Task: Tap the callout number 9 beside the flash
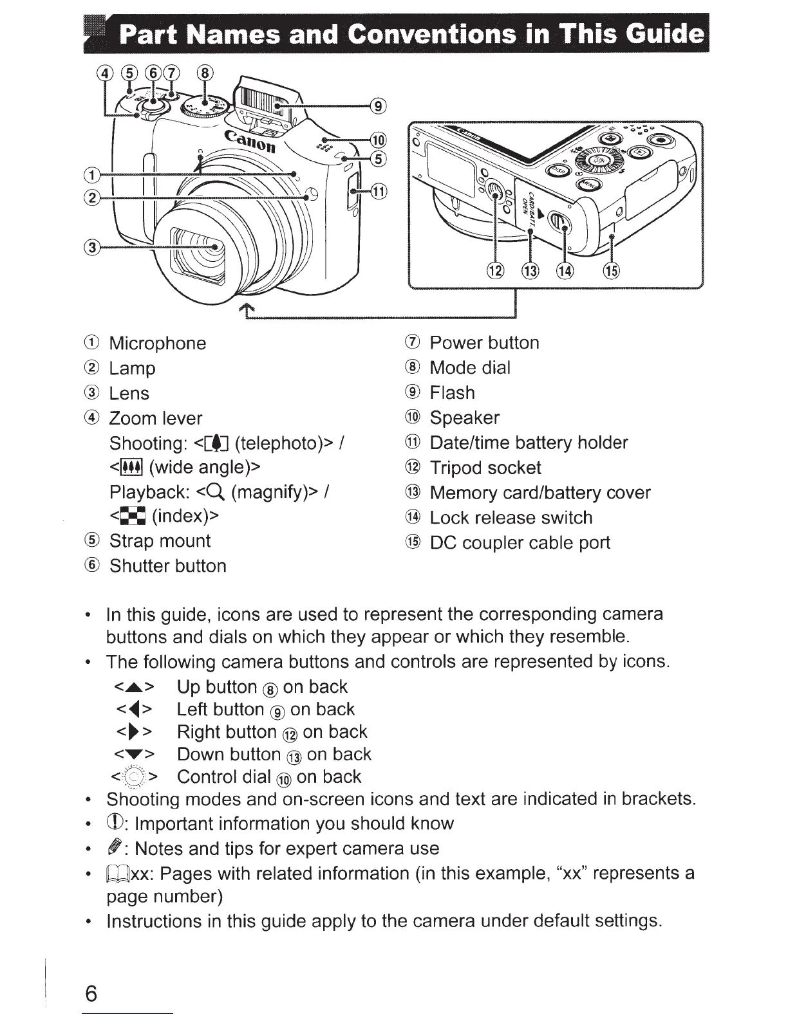point(379,106)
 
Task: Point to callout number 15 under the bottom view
point(611,271)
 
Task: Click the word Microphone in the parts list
point(158,343)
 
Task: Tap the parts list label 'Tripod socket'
point(485,468)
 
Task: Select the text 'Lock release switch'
point(511,518)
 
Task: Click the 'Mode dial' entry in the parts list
point(470,368)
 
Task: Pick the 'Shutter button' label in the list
point(168,566)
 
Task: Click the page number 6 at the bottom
point(90,993)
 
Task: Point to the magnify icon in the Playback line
point(215,492)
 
